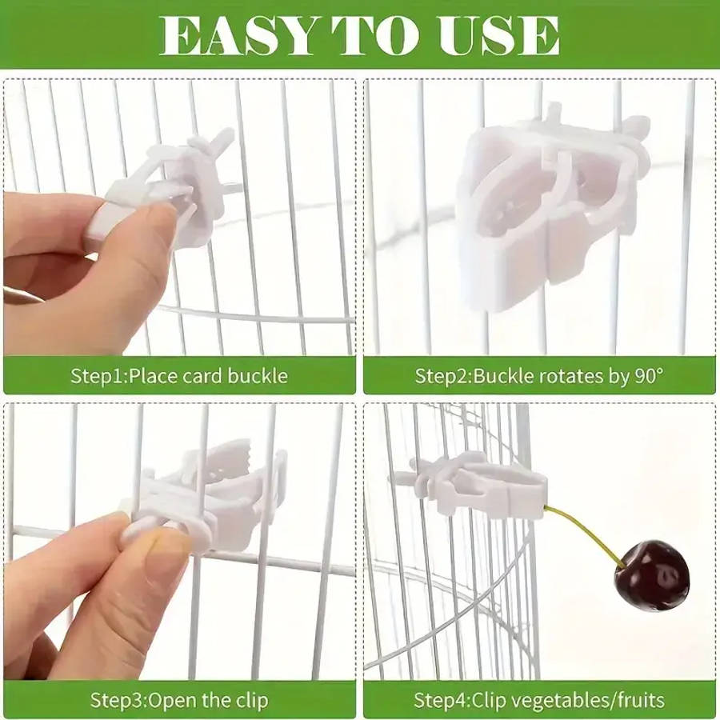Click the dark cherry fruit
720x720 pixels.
point(651,574)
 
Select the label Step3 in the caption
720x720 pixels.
point(117,701)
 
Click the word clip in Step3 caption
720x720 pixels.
point(248,701)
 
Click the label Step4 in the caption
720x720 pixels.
point(439,701)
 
